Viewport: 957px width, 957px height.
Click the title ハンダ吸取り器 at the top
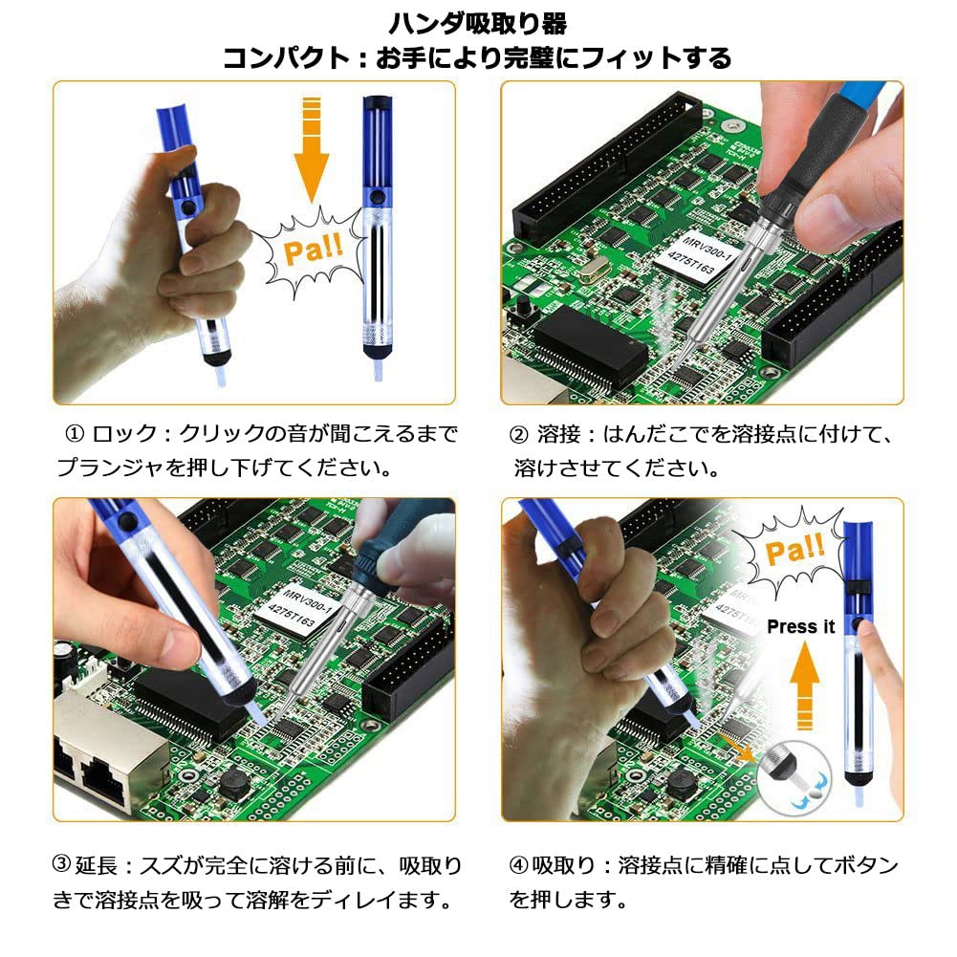(x=478, y=21)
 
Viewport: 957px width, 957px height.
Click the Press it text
(x=800, y=627)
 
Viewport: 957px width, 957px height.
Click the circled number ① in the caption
(x=75, y=434)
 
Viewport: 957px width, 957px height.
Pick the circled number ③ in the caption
(x=61, y=866)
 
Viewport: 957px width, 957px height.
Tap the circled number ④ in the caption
(x=519, y=866)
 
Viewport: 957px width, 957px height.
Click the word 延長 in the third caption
(x=96, y=866)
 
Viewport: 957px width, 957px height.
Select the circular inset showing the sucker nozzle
(x=793, y=776)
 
